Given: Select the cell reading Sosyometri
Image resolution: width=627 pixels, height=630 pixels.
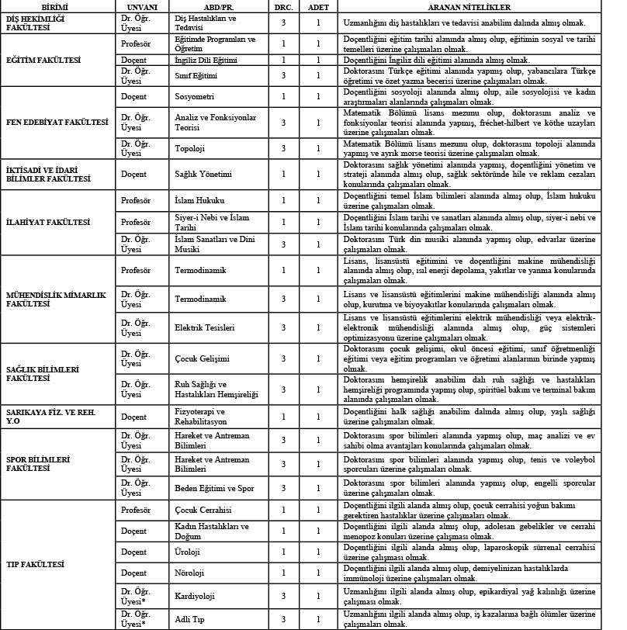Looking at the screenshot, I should pyautogui.click(x=195, y=96).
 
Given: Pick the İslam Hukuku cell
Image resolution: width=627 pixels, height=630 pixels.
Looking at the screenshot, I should pyautogui.click(x=200, y=201).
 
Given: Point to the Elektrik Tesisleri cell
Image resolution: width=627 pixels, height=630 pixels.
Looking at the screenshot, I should pyautogui.click(x=205, y=328).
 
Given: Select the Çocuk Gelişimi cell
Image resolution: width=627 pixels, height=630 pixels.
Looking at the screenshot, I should pyautogui.click(x=202, y=358).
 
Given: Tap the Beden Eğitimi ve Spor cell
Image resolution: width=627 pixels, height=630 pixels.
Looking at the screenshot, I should pyautogui.click(x=213, y=488).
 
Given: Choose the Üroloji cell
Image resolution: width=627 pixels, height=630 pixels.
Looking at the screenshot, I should pyautogui.click(x=189, y=552).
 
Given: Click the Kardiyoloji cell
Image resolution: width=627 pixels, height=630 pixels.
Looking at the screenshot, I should pyautogui.click(x=196, y=596).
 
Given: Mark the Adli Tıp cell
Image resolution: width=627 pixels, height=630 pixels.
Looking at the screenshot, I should pyautogui.click(x=192, y=619).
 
